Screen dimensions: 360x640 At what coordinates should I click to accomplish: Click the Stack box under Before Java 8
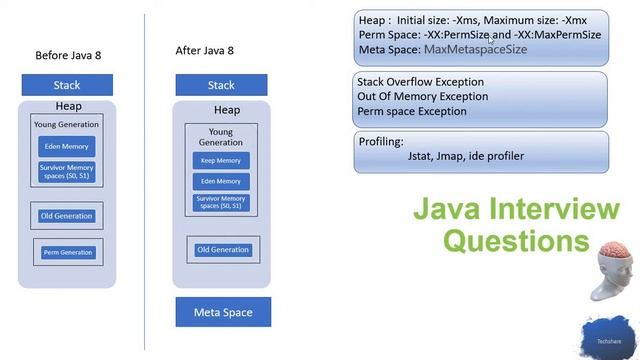pyautogui.click(x=67, y=85)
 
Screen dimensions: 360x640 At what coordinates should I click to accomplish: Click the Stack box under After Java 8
pyautogui.click(x=220, y=85)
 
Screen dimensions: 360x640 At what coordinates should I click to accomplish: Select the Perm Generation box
pyautogui.click(x=67, y=252)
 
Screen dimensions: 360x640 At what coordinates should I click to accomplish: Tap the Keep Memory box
pyautogui.click(x=220, y=160)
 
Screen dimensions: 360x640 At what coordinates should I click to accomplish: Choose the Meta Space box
pyautogui.click(x=222, y=312)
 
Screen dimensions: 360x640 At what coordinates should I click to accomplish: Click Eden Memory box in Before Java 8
pyautogui.click(x=66, y=146)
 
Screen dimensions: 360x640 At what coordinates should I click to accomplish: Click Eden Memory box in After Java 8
pyautogui.click(x=220, y=181)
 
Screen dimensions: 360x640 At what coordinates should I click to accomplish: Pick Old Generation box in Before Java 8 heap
pyautogui.click(x=67, y=215)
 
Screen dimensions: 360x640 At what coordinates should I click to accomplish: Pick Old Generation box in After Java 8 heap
pyautogui.click(x=222, y=249)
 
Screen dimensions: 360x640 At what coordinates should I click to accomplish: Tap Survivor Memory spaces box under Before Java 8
pyautogui.click(x=66, y=171)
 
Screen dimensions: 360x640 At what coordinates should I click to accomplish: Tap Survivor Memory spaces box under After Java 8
pyautogui.click(x=220, y=203)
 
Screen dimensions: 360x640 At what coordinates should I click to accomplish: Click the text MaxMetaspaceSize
pyautogui.click(x=475, y=49)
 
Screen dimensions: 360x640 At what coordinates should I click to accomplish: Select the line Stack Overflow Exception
pyautogui.click(x=420, y=82)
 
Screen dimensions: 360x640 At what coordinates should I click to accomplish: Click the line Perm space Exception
pyautogui.click(x=411, y=111)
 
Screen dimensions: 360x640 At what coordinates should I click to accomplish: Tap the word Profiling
pyautogui.click(x=380, y=142)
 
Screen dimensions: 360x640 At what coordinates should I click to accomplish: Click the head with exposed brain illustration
pyautogui.click(x=611, y=270)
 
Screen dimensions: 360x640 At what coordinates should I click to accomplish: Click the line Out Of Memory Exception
pyautogui.click(x=422, y=97)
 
